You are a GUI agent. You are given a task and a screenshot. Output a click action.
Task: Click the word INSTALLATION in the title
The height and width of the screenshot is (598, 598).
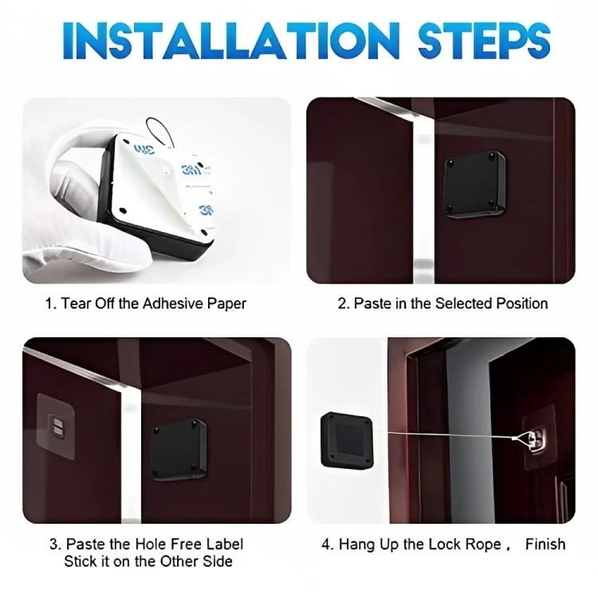coord(231,41)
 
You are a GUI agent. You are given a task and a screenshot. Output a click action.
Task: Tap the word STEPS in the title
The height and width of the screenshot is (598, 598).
coord(484,41)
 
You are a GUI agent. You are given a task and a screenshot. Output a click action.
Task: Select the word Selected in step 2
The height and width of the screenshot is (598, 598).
coord(463,304)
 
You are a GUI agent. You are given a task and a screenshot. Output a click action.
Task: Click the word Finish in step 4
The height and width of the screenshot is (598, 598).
coord(545,544)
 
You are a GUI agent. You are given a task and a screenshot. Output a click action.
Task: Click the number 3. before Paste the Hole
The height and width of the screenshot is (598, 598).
coord(56,544)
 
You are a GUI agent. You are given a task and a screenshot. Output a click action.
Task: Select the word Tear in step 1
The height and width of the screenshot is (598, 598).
coord(76,304)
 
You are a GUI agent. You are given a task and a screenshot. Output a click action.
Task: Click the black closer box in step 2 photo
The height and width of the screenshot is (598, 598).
coord(475,185)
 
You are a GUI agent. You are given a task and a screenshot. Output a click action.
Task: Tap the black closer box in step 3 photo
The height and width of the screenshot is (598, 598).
coord(179,450)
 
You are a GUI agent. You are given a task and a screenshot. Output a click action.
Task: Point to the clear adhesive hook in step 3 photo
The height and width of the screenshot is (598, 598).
coord(56,426)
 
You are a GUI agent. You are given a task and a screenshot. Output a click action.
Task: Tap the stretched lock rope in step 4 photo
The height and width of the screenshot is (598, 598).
coord(450,435)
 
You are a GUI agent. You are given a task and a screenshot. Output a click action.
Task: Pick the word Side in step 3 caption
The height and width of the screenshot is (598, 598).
coord(218,562)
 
